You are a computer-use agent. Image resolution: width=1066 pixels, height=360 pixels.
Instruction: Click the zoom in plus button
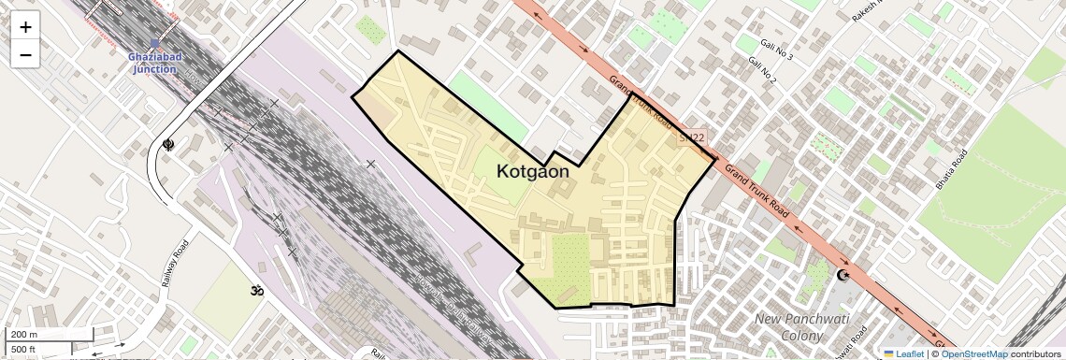click(25, 27)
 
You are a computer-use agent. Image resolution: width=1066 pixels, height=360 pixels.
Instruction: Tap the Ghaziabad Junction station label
click(155, 63)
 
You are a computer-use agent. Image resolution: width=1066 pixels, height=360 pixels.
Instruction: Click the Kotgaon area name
click(532, 171)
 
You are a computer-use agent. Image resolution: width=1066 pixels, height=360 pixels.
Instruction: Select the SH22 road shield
click(692, 137)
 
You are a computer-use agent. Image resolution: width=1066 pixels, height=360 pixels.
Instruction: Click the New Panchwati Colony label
click(789, 327)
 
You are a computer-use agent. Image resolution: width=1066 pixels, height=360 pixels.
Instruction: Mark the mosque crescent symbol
click(843, 275)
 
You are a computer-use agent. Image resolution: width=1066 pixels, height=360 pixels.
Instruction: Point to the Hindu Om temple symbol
click(253, 291)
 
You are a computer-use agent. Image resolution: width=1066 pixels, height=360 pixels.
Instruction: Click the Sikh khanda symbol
click(168, 145)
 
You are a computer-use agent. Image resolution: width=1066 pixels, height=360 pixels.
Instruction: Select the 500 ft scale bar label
click(23, 350)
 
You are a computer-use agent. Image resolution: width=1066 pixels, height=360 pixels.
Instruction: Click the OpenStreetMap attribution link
click(973, 353)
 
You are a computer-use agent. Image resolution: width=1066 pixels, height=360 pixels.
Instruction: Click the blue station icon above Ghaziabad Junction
click(155, 43)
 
